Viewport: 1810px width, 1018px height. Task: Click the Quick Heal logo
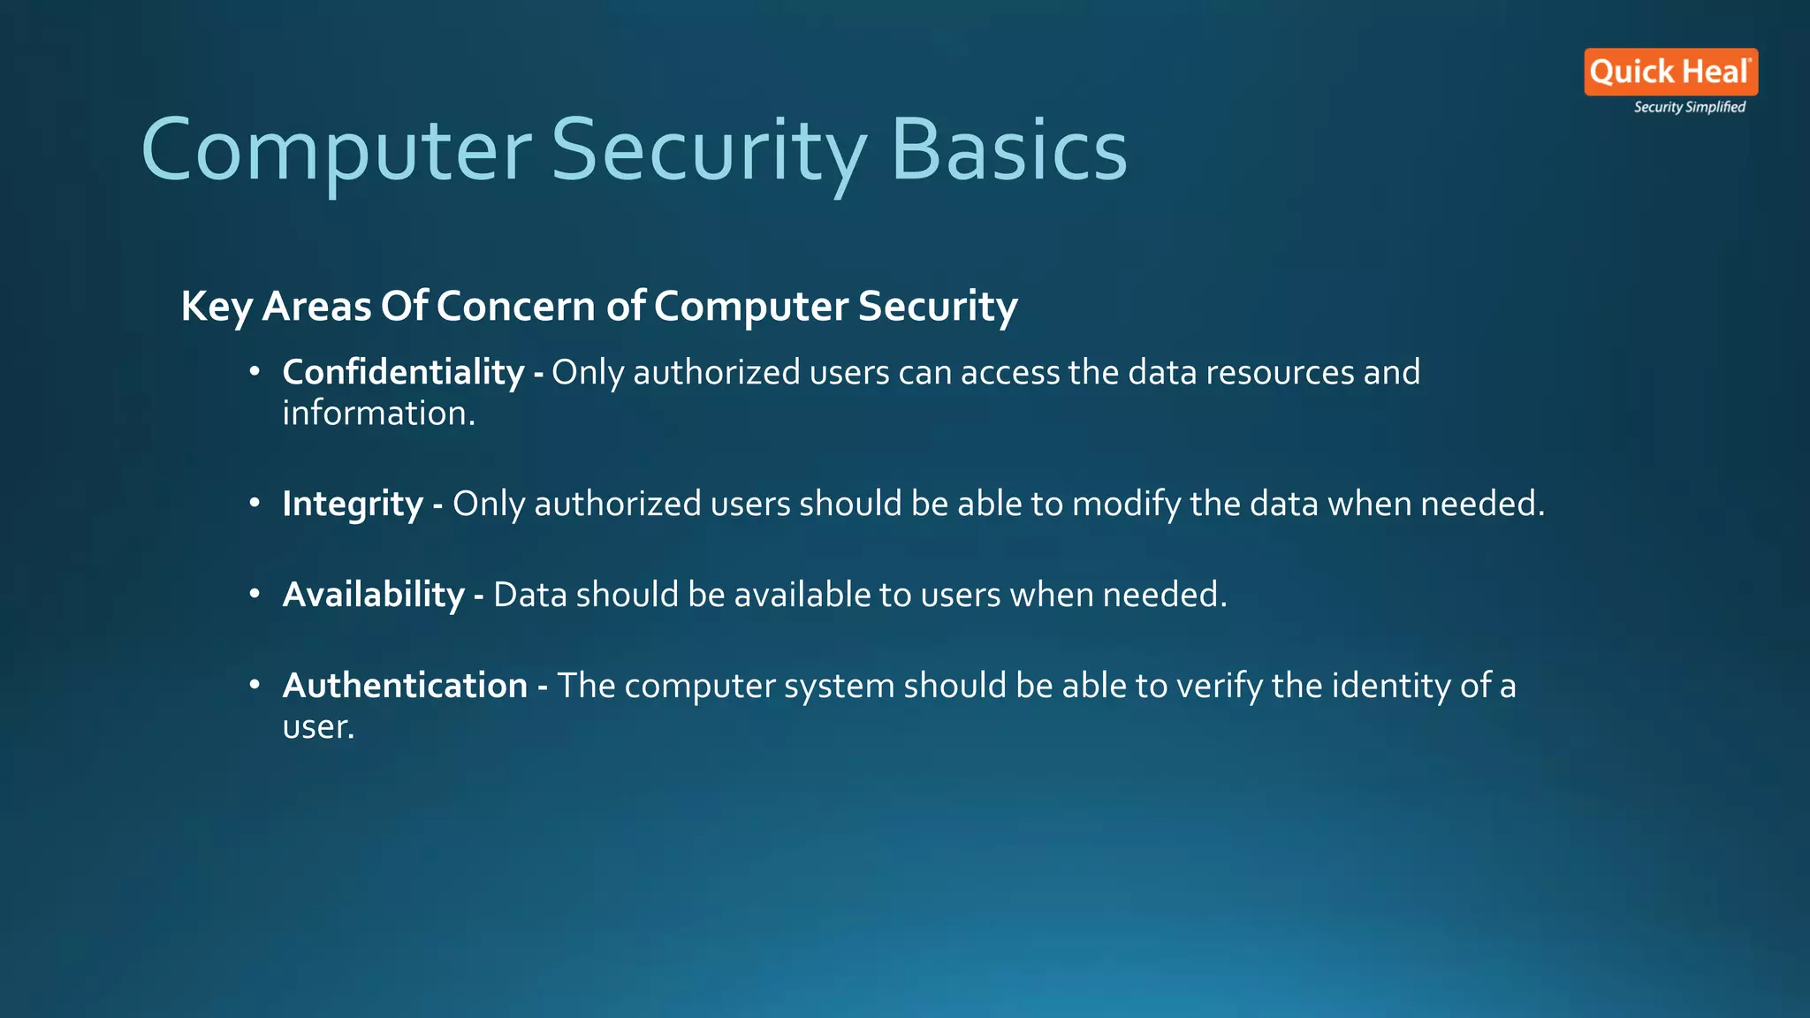[1670, 72]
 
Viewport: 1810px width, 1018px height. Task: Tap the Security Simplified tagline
[1689, 107]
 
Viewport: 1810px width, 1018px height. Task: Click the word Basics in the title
[1008, 150]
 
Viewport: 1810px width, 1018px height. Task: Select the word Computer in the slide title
[336, 150]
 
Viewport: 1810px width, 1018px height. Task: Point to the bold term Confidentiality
[403, 372]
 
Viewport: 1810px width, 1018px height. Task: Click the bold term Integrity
[353, 504]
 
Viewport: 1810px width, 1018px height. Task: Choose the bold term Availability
[373, 595]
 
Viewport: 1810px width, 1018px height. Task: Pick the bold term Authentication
[405, 686]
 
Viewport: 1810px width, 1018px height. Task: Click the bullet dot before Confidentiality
[255, 372]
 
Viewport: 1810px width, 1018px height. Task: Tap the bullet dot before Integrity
[255, 504]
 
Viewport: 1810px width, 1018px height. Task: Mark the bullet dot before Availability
[255, 595]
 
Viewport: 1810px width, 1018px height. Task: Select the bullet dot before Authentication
[255, 686]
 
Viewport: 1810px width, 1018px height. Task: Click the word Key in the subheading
[216, 307]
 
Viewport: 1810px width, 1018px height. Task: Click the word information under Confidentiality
[378, 414]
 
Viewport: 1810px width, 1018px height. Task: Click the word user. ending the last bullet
[318, 727]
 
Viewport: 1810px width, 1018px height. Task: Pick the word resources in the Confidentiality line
[1280, 372]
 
